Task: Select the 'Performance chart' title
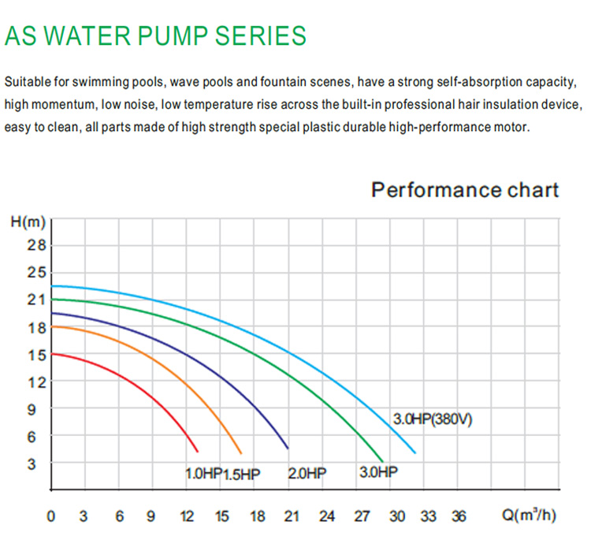click(x=465, y=190)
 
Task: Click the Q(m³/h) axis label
click(x=529, y=516)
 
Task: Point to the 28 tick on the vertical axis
click(x=36, y=245)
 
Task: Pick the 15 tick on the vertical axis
click(x=36, y=355)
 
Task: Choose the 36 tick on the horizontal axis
click(x=459, y=516)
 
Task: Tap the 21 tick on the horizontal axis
click(x=292, y=516)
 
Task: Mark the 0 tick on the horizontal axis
click(x=51, y=516)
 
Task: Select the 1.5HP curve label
click(x=241, y=475)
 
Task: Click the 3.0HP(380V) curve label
click(x=433, y=419)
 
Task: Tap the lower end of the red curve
click(x=197, y=450)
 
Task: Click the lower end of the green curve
click(x=383, y=460)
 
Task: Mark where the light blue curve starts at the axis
click(x=53, y=285)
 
